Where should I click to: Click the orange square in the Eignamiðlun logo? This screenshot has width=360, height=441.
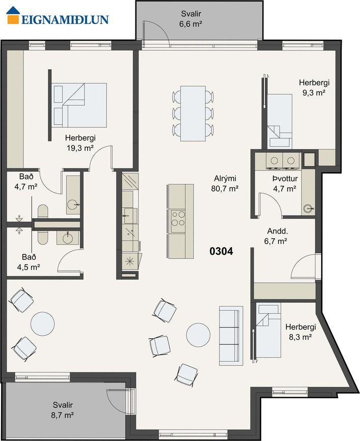pyautogui.click(x=13, y=19)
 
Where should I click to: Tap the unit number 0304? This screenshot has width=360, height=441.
pyautogui.click(x=221, y=251)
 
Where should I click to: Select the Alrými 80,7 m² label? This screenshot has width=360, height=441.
pyautogui.click(x=225, y=184)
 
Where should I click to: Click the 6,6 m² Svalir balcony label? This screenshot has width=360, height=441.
pyautogui.click(x=191, y=18)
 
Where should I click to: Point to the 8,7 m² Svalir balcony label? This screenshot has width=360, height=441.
pyautogui.click(x=63, y=410)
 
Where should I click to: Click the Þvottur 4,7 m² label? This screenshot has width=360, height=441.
pyautogui.click(x=285, y=184)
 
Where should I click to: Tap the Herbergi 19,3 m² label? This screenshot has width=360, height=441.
pyautogui.click(x=80, y=143)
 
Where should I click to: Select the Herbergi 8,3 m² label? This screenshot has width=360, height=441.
pyautogui.click(x=300, y=332)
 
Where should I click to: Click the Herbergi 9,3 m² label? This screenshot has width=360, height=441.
pyautogui.click(x=314, y=87)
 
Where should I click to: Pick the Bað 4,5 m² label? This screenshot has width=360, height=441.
pyautogui.click(x=29, y=262)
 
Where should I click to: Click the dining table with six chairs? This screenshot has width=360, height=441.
pyautogui.click(x=193, y=113)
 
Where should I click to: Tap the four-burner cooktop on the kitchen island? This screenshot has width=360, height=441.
pyautogui.click(x=178, y=219)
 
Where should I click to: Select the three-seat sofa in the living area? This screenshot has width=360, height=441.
pyautogui.click(x=231, y=336)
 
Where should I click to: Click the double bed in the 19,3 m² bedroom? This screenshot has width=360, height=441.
pyautogui.click(x=80, y=105)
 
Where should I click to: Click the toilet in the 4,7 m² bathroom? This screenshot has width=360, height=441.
pyautogui.click(x=43, y=211)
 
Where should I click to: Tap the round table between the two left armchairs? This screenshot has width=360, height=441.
pyautogui.click(x=42, y=324)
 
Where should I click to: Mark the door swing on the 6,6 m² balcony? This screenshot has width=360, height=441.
pyautogui.click(x=156, y=32)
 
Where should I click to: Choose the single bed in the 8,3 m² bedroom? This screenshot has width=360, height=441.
pyautogui.click(x=269, y=331)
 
